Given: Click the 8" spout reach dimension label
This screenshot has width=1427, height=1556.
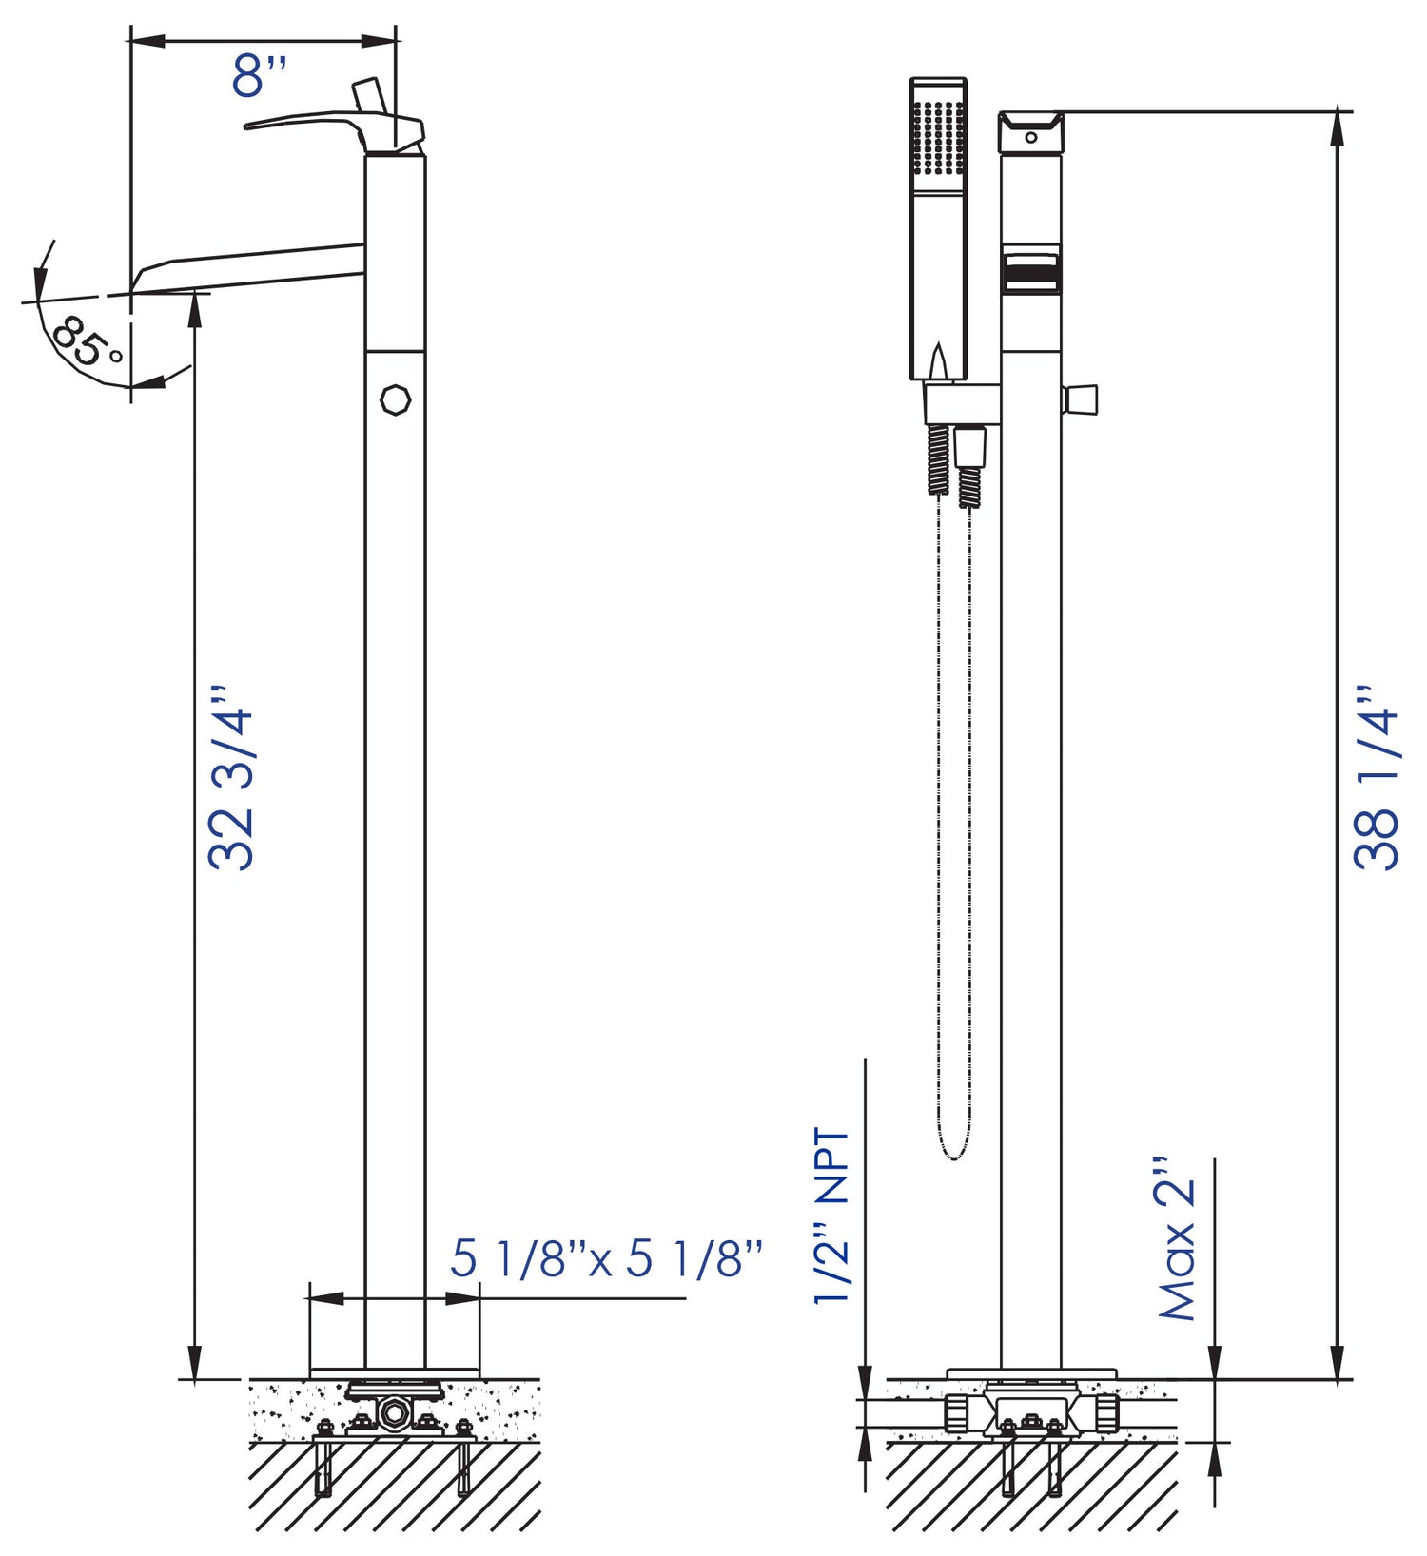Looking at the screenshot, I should click(x=259, y=76).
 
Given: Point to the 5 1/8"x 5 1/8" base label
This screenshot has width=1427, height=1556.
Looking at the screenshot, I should click(x=606, y=1259).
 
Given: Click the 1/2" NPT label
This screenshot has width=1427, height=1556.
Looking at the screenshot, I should click(x=831, y=1216).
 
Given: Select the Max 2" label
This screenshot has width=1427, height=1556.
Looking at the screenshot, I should click(x=1176, y=1239).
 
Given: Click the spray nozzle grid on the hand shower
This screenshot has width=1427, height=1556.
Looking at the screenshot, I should click(x=938, y=137).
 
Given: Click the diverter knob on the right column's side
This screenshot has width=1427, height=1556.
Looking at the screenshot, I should click(x=1082, y=400).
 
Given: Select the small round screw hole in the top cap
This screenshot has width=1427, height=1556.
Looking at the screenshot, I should click(x=1031, y=138).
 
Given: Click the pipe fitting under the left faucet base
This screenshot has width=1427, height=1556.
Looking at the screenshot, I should click(x=393, y=1412).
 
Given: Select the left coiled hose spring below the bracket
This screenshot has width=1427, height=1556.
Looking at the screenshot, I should click(x=938, y=458).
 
